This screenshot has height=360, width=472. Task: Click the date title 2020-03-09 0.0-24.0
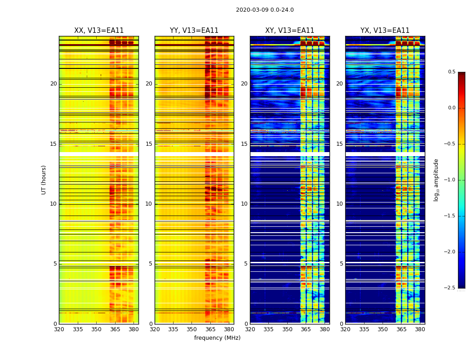[x=265, y=10]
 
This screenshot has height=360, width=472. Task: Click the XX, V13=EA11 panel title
[x=99, y=31]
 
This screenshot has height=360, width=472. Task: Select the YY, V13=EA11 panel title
[x=194, y=31]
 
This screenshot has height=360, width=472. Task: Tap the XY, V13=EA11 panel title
[x=289, y=31]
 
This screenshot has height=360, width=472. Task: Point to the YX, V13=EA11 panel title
[x=385, y=31]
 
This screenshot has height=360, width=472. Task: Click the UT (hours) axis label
[x=44, y=180]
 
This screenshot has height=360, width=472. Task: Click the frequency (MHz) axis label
[x=217, y=338]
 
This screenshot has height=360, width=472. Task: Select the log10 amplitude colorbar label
[x=436, y=180]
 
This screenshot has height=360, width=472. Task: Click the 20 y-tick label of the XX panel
[x=53, y=84]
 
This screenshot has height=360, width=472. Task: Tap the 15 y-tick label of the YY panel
[x=149, y=144]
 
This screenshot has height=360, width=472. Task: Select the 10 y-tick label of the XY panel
[x=244, y=204]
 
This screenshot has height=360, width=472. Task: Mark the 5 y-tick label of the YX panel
[x=342, y=264]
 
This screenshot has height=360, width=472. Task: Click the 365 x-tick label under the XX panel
[x=115, y=329]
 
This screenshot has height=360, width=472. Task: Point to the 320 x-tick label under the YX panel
[x=345, y=329]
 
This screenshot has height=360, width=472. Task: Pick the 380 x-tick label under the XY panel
[x=325, y=329]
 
